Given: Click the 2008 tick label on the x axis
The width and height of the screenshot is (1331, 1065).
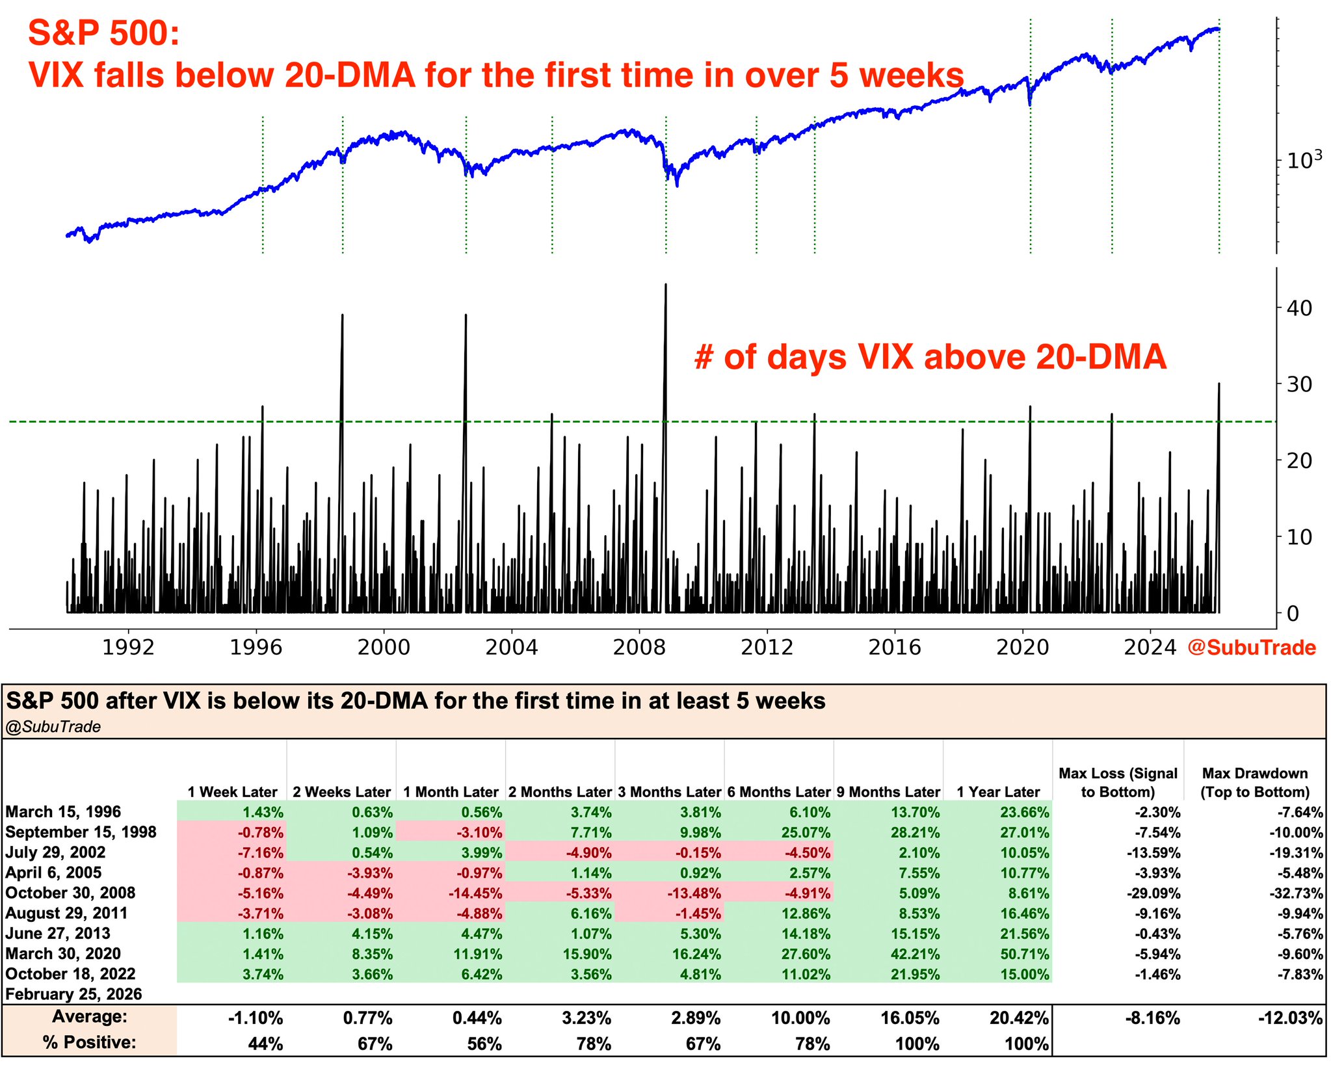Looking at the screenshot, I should coord(639,648).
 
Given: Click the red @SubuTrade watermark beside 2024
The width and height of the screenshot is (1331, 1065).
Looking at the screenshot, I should coord(1252,648).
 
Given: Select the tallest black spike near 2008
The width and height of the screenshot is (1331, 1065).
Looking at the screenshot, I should coord(665,286).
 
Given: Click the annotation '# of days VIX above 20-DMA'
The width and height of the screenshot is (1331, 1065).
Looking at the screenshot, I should coord(930,358).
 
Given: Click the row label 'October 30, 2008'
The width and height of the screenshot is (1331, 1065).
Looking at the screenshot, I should coord(70,893).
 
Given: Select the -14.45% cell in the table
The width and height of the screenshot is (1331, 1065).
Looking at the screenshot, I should coord(475,893).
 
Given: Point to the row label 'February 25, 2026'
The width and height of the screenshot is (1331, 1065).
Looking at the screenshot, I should coord(73,994).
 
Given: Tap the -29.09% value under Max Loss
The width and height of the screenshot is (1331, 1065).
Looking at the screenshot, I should coord(1153,893).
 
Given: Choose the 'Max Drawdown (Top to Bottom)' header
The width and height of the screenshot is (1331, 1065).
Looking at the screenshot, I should coord(1254,783).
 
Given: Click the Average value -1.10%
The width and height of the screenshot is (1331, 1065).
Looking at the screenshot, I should coord(256,1018).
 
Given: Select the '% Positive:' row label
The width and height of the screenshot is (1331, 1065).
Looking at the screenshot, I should coord(90,1043).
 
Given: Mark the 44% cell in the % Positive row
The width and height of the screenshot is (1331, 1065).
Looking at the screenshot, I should coord(265,1044).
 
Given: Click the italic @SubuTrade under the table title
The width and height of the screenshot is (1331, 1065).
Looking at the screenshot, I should coord(53,727).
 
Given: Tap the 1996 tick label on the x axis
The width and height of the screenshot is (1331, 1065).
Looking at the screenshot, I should coord(256,648).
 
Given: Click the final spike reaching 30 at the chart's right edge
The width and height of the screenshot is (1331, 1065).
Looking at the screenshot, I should coord(1219,385).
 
